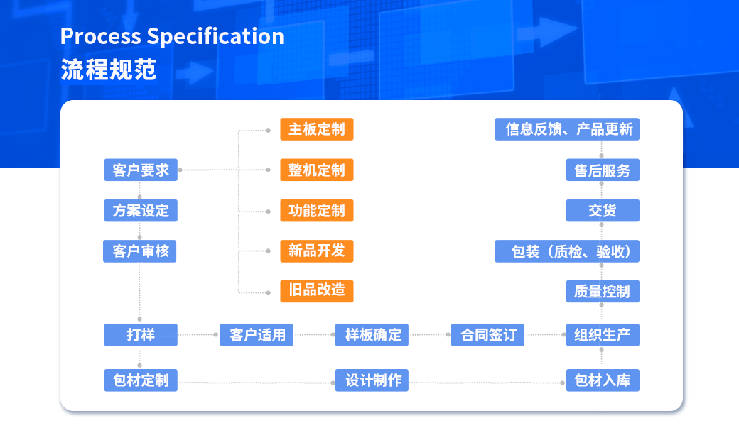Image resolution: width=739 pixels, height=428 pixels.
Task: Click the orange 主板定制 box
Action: click(x=317, y=129)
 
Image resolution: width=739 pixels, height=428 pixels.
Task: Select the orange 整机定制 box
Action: click(x=317, y=170)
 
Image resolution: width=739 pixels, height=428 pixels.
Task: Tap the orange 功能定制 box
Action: click(x=317, y=211)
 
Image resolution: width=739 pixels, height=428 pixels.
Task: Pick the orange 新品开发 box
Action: click(x=317, y=251)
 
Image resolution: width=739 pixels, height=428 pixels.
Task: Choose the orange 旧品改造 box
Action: click(x=317, y=291)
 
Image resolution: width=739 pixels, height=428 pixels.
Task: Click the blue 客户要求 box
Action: click(x=141, y=170)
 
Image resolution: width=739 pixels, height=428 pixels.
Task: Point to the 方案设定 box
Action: click(x=141, y=211)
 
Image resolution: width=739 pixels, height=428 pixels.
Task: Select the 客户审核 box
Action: click(x=140, y=251)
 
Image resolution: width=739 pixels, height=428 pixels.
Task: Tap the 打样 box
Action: click(x=141, y=335)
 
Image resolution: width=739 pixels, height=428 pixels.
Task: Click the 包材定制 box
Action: click(x=141, y=380)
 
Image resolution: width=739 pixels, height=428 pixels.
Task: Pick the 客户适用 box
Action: click(x=257, y=335)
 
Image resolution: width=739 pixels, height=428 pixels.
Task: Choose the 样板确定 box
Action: click(x=372, y=335)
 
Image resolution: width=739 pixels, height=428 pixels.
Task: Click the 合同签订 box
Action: click(x=487, y=335)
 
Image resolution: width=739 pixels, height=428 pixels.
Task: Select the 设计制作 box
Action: click(x=372, y=380)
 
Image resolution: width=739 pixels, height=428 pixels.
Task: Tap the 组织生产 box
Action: click(x=603, y=335)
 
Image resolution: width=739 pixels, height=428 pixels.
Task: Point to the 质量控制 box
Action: click(x=603, y=292)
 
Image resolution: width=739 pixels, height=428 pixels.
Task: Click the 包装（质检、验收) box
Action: click(x=567, y=251)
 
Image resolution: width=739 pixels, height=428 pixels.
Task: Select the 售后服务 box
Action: click(x=603, y=170)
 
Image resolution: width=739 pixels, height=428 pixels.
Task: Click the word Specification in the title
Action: click(x=215, y=37)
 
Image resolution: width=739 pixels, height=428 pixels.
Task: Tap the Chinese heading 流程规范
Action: click(x=109, y=70)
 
